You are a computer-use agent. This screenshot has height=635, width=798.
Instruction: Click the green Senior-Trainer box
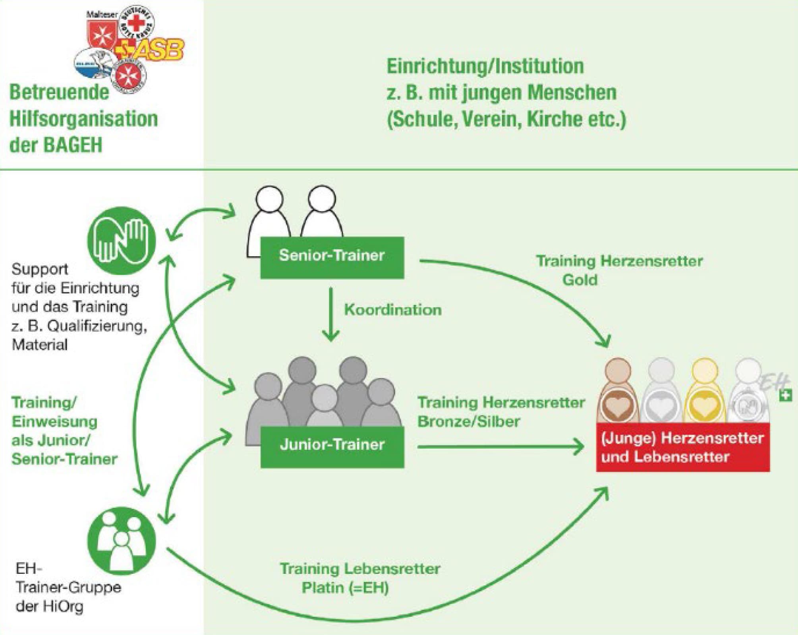coord(332,257)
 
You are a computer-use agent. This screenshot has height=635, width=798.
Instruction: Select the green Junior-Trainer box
coord(332,446)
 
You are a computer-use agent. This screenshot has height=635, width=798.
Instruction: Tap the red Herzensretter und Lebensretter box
coord(682,447)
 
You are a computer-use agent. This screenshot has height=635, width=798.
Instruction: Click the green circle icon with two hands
coord(121,241)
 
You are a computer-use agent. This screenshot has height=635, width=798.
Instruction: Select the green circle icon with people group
coord(121,541)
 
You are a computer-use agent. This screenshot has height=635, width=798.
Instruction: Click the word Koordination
coord(392,310)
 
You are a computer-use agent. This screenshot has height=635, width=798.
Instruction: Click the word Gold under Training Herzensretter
coord(580,280)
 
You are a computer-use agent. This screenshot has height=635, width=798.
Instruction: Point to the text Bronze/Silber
coord(468,421)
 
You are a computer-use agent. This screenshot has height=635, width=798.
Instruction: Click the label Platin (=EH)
coord(345,588)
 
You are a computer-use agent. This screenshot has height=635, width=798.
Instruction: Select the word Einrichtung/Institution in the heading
coord(485,66)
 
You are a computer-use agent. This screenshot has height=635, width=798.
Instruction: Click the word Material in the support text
coord(40,344)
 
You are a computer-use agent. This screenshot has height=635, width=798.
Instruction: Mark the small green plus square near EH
coord(785,395)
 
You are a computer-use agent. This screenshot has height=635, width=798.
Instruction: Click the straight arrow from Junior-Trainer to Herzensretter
coord(500,447)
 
